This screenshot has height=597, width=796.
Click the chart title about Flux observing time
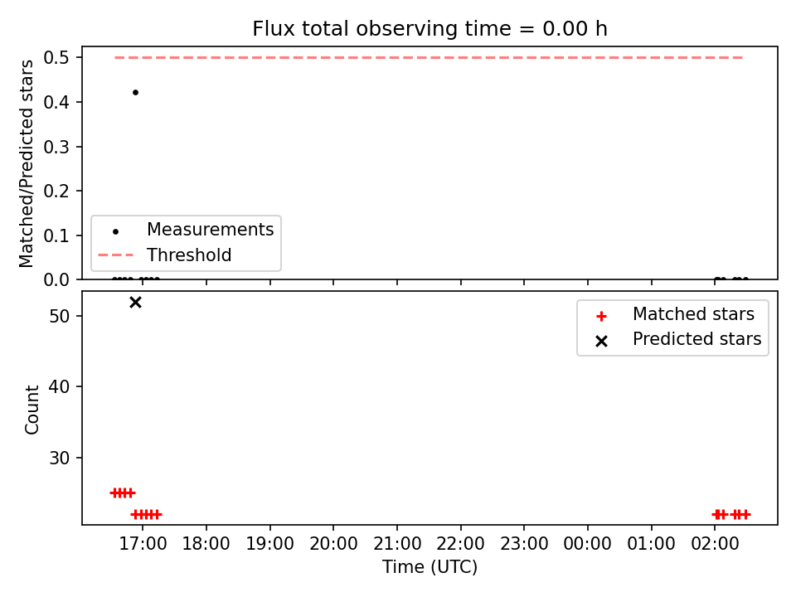pyautogui.click(x=430, y=28)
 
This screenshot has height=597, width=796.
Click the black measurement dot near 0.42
pyautogui.click(x=135, y=92)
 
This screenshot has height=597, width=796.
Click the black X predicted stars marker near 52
pyautogui.click(x=135, y=303)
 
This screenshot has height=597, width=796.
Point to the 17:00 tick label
pyautogui.click(x=143, y=544)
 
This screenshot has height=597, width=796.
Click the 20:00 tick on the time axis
pyautogui.click(x=333, y=544)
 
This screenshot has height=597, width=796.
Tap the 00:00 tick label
pyautogui.click(x=587, y=544)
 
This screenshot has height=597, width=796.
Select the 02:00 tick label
pyautogui.click(x=715, y=544)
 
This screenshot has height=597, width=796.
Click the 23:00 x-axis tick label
pyautogui.click(x=524, y=544)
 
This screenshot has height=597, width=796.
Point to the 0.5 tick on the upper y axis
pyautogui.click(x=56, y=58)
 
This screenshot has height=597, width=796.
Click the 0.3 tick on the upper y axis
pyautogui.click(x=56, y=147)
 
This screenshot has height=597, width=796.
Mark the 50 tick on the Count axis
pyautogui.click(x=59, y=316)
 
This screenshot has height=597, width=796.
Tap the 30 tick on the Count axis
pyautogui.click(x=59, y=459)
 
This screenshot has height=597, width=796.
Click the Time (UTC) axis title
pyautogui.click(x=430, y=566)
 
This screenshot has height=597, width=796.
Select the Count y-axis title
pyautogui.click(x=32, y=409)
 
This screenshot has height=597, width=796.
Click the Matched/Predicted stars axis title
pyautogui.click(x=26, y=163)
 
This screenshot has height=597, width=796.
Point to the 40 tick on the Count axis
pyautogui.click(x=59, y=387)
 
